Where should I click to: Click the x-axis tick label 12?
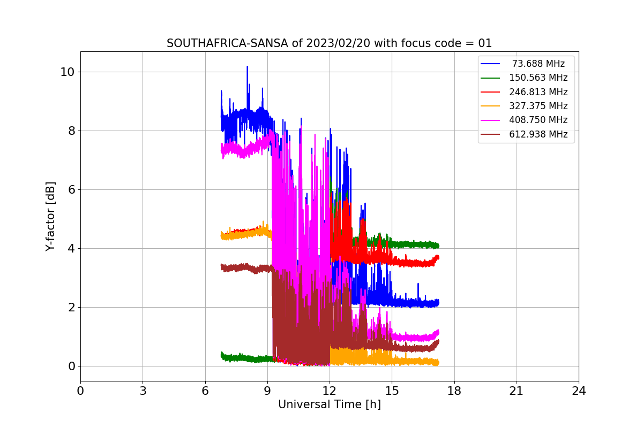pyautogui.click(x=330, y=391)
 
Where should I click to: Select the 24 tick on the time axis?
pyautogui.click(x=579, y=391)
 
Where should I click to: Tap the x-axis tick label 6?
pyautogui.click(x=205, y=391)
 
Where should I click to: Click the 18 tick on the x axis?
pyautogui.click(x=454, y=391)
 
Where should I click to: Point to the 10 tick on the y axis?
pyautogui.click(x=68, y=72)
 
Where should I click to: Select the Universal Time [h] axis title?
pyautogui.click(x=330, y=405)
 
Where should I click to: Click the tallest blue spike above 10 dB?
pyautogui.click(x=247, y=67)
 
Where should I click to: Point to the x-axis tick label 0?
pyautogui.click(x=80, y=391)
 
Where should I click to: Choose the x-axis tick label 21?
pyautogui.click(x=517, y=391)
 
